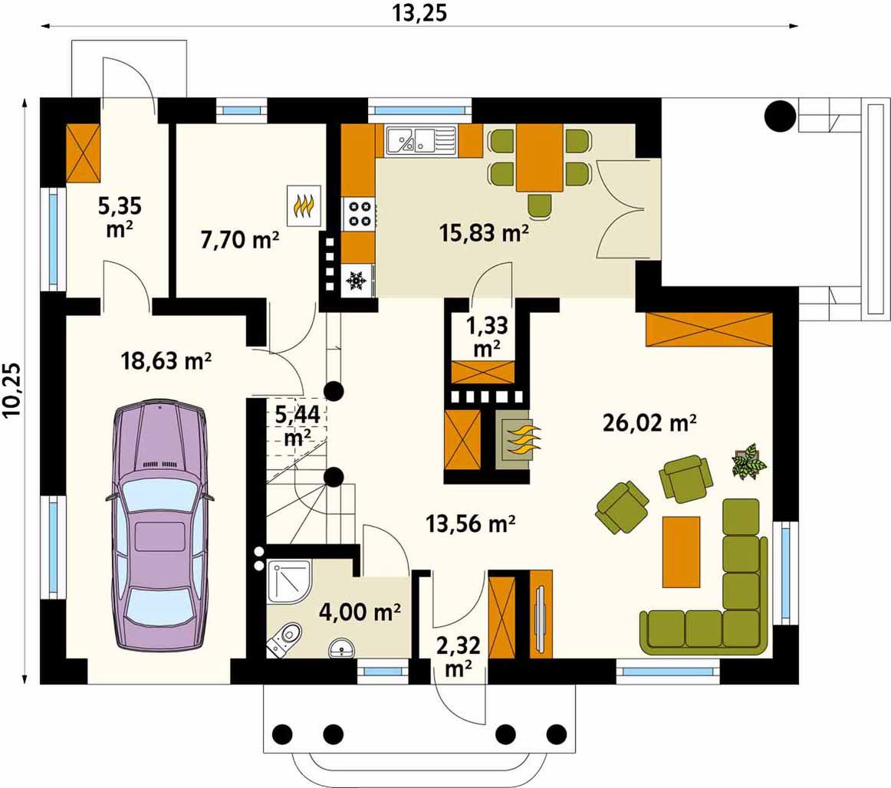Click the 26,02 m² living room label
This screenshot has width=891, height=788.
649,422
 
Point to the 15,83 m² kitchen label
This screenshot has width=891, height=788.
484,232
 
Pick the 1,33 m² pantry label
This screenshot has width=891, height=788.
486,337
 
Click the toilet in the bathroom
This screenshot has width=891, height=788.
284,639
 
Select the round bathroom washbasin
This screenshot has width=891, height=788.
342,648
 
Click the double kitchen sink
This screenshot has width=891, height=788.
421,140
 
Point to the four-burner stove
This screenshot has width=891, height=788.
359,214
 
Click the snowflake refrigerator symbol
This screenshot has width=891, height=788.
357,281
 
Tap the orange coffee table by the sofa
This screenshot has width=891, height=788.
682,552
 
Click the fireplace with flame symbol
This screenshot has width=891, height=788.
517,440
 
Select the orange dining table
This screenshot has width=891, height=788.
539,157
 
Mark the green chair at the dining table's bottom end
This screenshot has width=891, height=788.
539,205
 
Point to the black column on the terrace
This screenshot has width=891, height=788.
780,117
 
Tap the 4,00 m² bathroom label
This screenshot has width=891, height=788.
360,612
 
